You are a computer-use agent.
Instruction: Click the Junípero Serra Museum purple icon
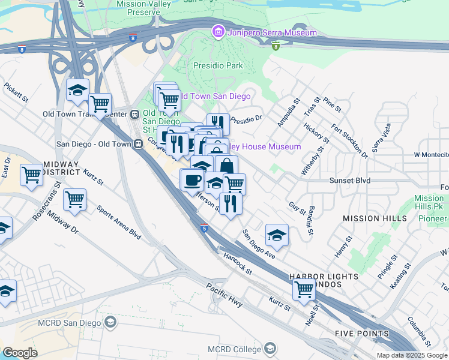pyautogui.click(x=218, y=31)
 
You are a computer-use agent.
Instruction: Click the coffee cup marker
pyautogui.click(x=192, y=179)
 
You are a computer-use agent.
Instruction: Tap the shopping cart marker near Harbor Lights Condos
pyautogui.click(x=304, y=289)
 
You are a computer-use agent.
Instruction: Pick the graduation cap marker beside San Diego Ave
pyautogui.click(x=276, y=235)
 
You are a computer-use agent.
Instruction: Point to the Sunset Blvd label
pyautogui.click(x=349, y=180)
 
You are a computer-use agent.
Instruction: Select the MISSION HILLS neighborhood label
pyautogui.click(x=370, y=219)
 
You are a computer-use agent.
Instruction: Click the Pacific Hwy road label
pyautogui.click(x=224, y=295)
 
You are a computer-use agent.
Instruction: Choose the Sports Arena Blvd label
pyautogui.click(x=119, y=223)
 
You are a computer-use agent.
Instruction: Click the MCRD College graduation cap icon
pyautogui.click(x=271, y=349)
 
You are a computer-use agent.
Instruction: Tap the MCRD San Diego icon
pyautogui.click(x=110, y=323)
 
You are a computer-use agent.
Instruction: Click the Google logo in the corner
pyautogui.click(x=20, y=353)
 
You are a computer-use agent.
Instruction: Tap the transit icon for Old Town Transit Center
pyautogui.click(x=136, y=114)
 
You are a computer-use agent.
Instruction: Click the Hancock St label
pyautogui.click(x=237, y=263)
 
